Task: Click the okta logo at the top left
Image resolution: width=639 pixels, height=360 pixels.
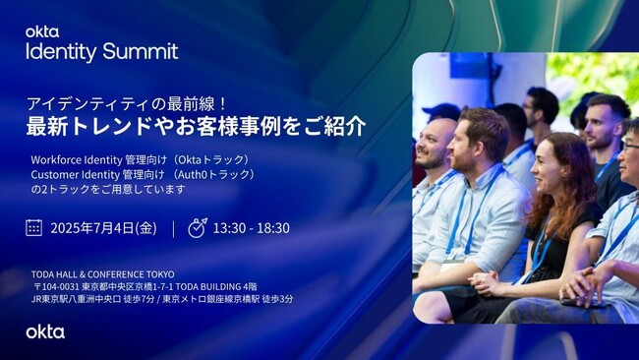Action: click(x=42, y=31)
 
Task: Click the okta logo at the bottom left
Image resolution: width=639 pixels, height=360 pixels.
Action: click(x=45, y=331)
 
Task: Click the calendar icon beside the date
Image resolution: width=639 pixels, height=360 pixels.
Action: click(x=34, y=227)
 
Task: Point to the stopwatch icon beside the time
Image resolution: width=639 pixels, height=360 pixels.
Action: click(x=197, y=227)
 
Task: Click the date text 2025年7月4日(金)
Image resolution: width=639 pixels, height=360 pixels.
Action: click(x=103, y=228)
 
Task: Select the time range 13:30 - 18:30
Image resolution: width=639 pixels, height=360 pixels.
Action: click(x=253, y=228)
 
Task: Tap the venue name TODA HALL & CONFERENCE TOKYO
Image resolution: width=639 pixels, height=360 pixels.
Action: click(x=103, y=274)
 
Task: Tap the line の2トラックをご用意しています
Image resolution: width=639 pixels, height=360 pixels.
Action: click(x=107, y=189)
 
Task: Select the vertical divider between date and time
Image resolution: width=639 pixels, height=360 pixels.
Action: click(x=173, y=228)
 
